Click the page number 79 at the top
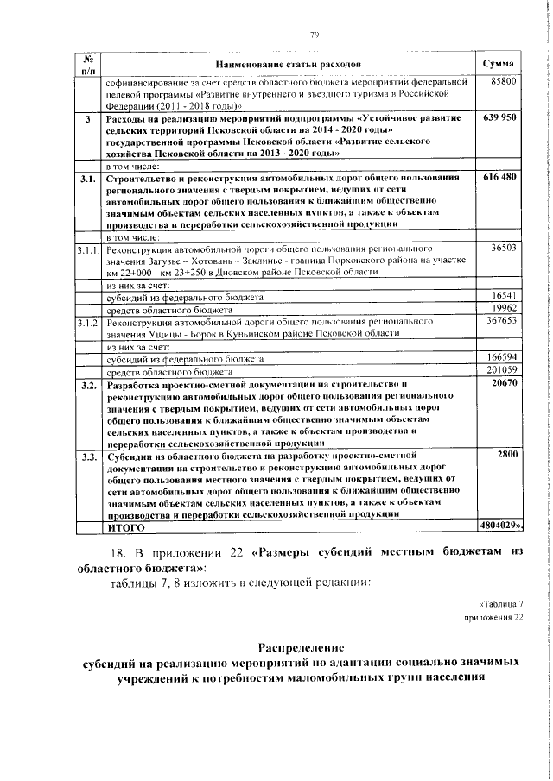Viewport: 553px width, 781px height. click(315, 34)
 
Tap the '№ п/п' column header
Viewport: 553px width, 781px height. click(87, 64)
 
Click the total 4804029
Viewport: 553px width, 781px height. click(500, 524)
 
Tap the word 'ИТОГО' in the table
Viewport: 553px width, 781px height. click(124, 525)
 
